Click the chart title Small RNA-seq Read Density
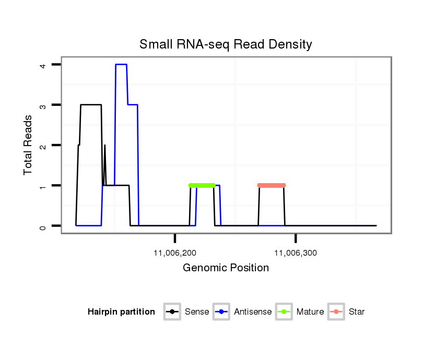[226, 44]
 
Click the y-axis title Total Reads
[29, 145]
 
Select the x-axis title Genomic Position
[226, 268]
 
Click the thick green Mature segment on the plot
[202, 185]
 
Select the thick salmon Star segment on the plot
[272, 185]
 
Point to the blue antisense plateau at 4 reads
[121, 65]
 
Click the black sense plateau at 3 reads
[91, 105]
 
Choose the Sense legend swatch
[172, 312]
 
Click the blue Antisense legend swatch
[221, 312]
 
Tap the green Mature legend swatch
[284, 312]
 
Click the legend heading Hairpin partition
[121, 312]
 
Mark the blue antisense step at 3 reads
[133, 105]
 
